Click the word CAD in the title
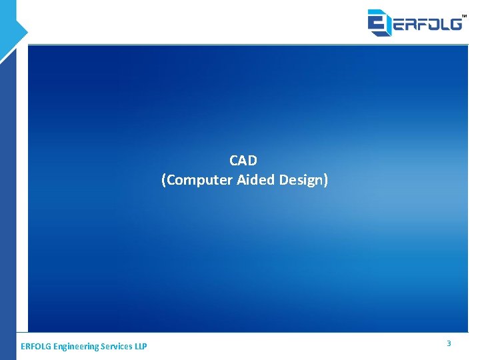tap(243, 161)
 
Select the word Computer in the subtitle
tap(199, 180)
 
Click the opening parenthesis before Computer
tap(163, 180)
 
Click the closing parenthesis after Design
tap(326, 180)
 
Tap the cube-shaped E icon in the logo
tap(379, 22)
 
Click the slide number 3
tap(449, 343)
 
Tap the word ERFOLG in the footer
tap(36, 347)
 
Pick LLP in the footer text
tap(141, 347)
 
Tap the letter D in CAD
tap(253, 161)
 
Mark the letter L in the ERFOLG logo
tap(444, 24)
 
